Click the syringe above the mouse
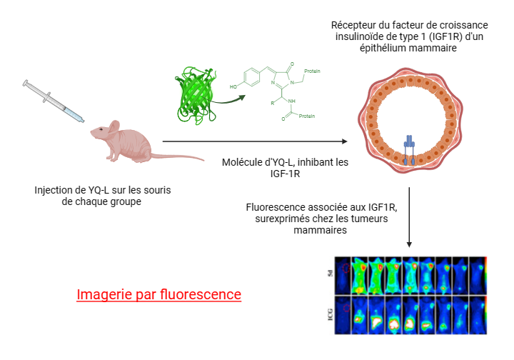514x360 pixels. [x=54, y=101]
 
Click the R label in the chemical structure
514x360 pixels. [x=273, y=102]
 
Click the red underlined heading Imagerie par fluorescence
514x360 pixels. [x=158, y=294]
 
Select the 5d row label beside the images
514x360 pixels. [x=331, y=274]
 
